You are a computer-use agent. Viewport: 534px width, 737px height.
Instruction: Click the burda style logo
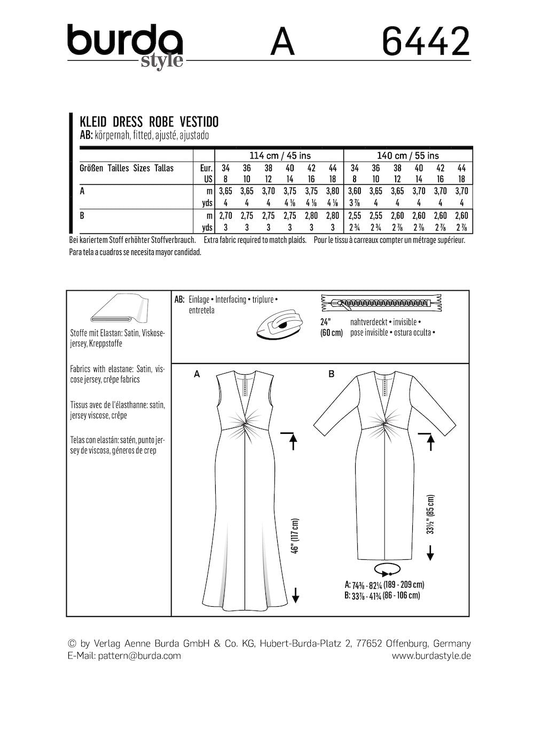click(x=125, y=45)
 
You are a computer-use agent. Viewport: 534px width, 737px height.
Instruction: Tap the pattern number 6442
click(x=426, y=42)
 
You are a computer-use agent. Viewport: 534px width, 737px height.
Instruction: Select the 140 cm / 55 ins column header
click(x=408, y=155)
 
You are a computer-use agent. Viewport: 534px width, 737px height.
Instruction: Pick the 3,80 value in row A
click(x=332, y=191)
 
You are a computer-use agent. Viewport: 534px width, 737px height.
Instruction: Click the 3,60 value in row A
click(x=355, y=191)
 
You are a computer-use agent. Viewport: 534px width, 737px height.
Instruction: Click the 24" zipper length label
click(x=326, y=322)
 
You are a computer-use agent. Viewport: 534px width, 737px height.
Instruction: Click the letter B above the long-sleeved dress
click(x=331, y=375)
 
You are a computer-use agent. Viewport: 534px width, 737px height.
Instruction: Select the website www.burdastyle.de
click(x=427, y=656)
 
